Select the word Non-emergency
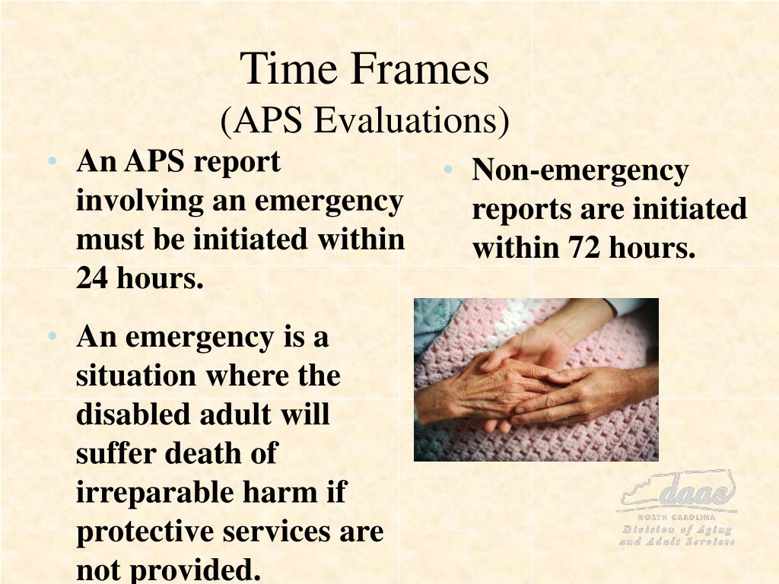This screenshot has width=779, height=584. point(580,170)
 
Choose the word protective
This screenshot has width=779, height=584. point(145,532)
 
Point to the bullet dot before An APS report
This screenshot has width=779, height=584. point(52,162)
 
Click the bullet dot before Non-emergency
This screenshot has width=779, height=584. point(449,170)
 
